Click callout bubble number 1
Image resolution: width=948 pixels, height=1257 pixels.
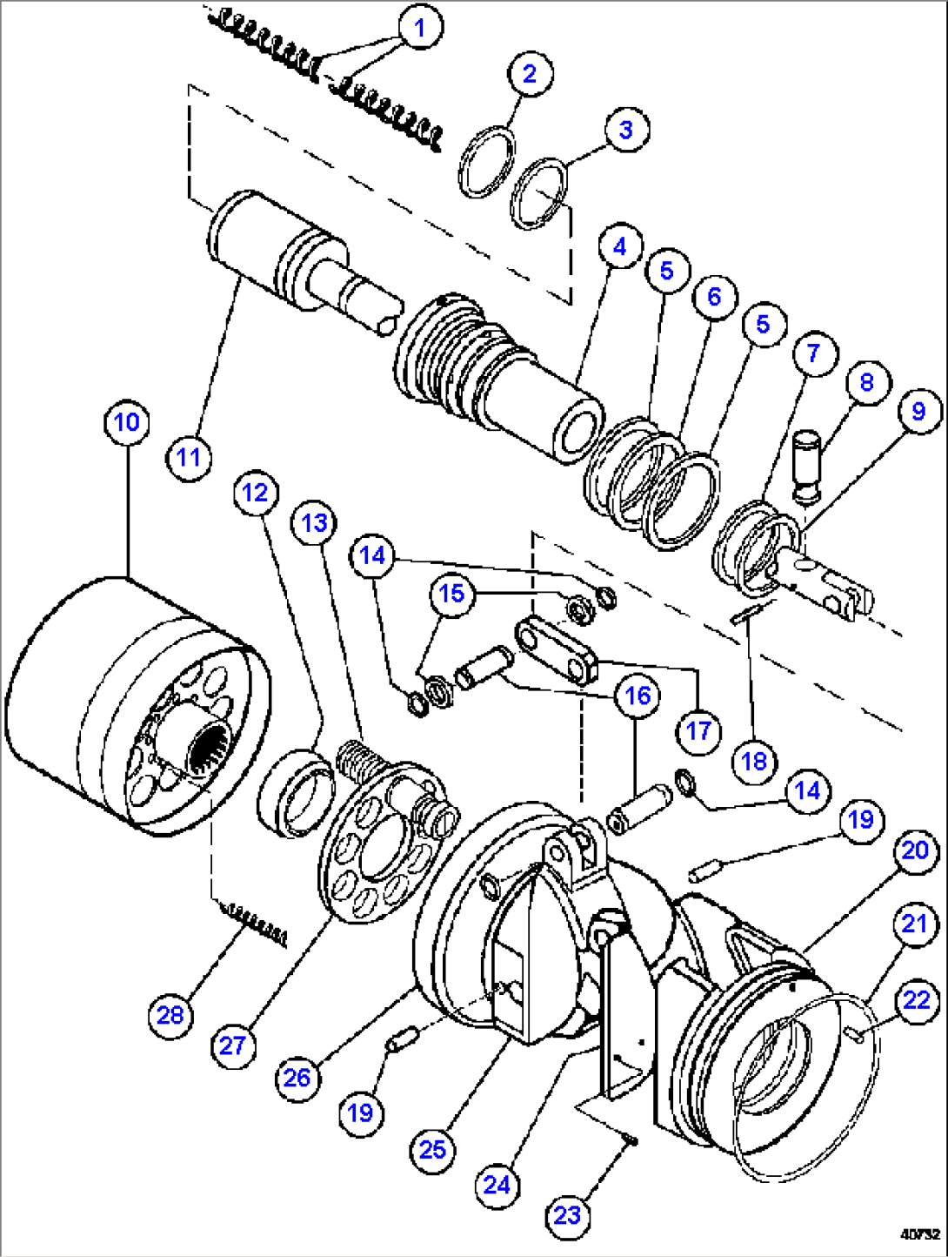tap(420, 27)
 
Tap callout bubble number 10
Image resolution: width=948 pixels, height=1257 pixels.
tap(127, 422)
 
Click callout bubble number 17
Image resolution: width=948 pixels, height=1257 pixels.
tap(699, 730)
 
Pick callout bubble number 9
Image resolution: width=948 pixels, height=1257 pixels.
tap(918, 411)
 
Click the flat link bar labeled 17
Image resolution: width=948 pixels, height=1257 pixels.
tap(556, 649)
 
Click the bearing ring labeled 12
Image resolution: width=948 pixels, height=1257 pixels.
tap(295, 792)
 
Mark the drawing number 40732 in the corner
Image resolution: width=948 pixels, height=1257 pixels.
tap(920, 1233)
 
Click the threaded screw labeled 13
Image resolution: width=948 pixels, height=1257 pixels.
tap(358, 757)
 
